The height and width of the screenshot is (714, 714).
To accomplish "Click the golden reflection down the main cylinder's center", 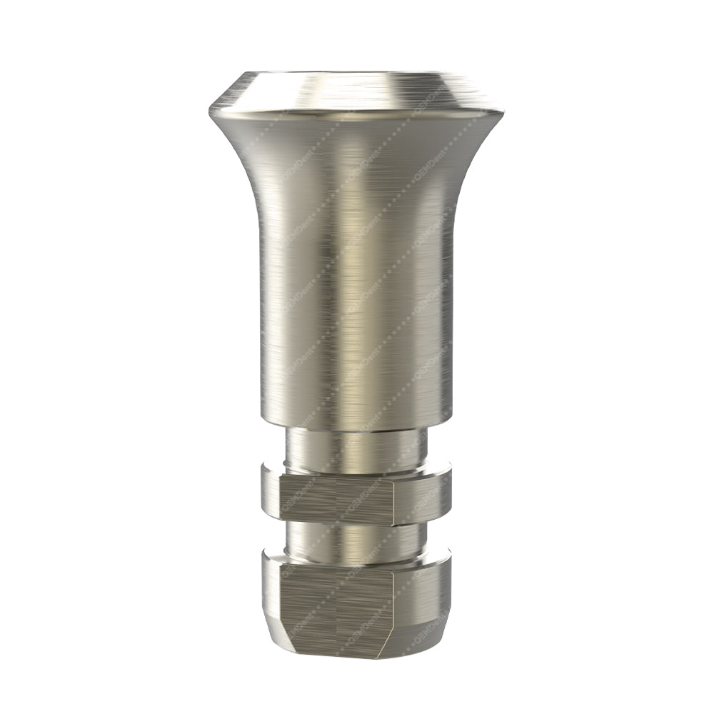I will [357, 286].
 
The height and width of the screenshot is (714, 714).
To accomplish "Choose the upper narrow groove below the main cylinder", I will [357, 450].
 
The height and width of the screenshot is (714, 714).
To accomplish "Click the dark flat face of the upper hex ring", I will [336, 500].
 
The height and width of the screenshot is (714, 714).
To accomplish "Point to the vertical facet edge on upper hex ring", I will [394, 500].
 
